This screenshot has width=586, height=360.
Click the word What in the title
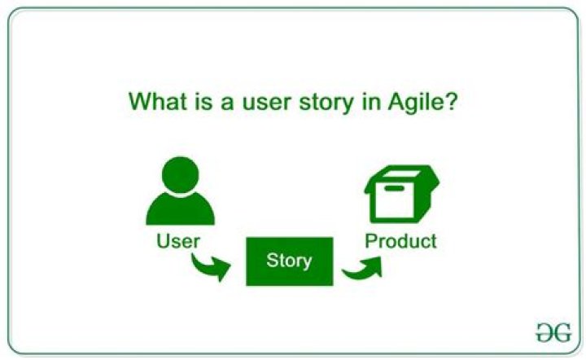point(161,103)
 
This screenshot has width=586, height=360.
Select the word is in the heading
point(208,103)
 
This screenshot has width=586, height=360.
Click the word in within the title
point(372,103)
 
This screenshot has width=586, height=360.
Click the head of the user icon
point(180,174)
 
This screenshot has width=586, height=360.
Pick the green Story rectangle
point(289,261)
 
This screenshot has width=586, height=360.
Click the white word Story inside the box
point(289,261)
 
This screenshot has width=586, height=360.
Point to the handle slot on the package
point(395,189)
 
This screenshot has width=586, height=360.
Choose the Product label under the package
point(400,241)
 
